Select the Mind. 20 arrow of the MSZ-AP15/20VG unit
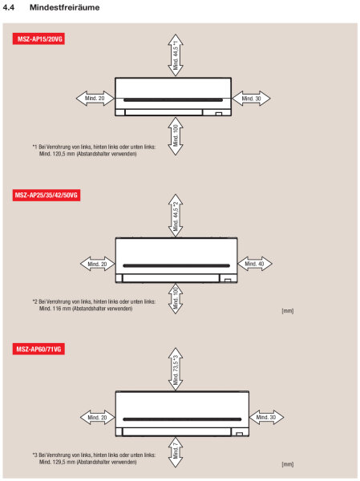click(95, 98)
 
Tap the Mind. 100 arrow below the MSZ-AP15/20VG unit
click(175, 136)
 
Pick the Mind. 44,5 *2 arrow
click(175, 215)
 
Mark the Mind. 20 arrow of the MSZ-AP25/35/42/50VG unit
click(97, 262)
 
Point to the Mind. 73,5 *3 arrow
click(175, 369)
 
